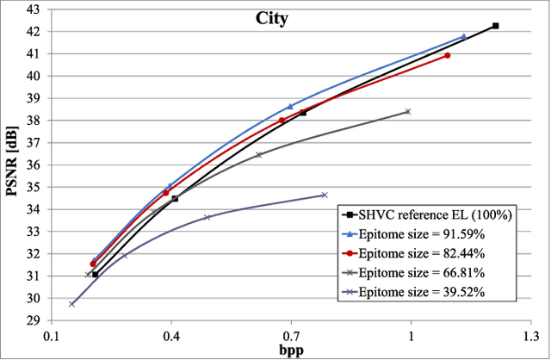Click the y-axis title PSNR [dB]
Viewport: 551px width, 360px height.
click(x=12, y=164)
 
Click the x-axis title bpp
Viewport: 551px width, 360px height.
click(x=291, y=351)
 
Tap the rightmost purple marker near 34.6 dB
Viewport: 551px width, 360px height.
click(x=324, y=195)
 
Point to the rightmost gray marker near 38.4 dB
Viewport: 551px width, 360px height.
click(x=407, y=111)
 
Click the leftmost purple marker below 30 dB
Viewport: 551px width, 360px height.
click(x=72, y=303)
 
